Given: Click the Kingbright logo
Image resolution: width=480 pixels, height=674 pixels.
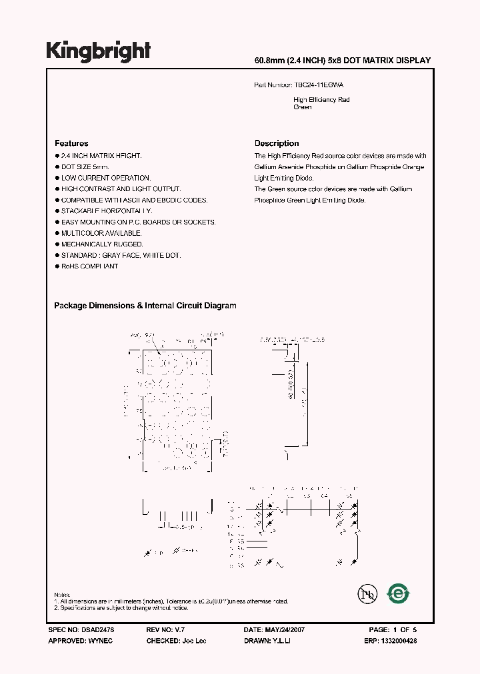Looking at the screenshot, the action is click(98, 51).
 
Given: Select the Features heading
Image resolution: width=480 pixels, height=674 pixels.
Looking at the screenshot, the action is click(71, 143).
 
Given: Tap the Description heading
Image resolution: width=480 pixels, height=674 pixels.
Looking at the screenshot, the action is click(277, 143).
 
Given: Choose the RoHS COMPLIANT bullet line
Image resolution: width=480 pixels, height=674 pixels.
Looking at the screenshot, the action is click(89, 266).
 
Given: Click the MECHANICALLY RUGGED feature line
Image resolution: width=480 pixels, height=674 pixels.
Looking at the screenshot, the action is click(102, 244).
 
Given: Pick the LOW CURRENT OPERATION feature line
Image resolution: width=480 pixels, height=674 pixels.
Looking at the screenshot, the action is click(106, 178).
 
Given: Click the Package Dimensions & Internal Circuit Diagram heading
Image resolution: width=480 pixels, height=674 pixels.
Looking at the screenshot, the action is click(145, 306).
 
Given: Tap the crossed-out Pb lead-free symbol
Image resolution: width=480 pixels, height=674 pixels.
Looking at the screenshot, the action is click(365, 593).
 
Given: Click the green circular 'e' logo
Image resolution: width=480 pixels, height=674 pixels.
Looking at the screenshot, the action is click(398, 593).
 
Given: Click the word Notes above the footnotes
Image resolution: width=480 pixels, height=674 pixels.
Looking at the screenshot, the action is click(62, 594).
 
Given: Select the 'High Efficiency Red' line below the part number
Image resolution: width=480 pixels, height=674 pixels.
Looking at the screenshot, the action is click(321, 100).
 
